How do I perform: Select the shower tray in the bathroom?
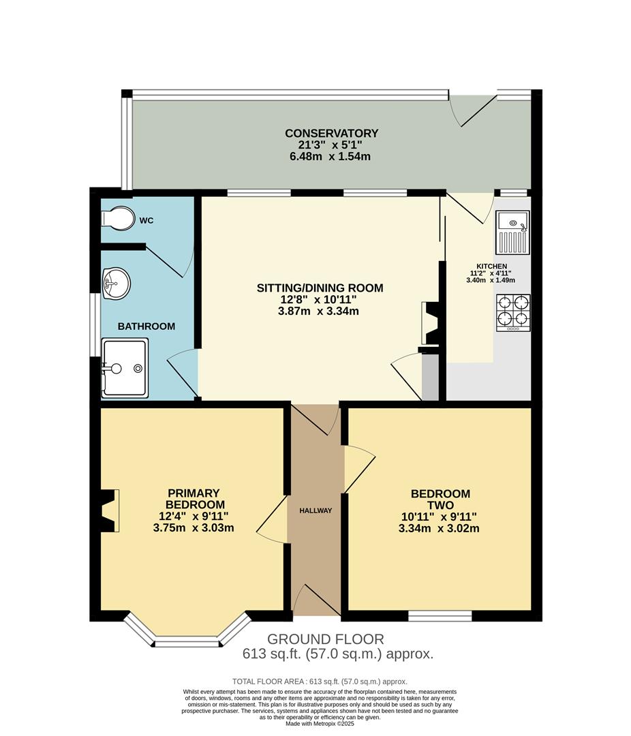coord(124,368)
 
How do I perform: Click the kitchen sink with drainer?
coord(512,232)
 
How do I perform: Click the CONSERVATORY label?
coord(331,133)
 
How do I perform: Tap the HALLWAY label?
coord(315,510)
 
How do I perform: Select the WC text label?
coord(147,221)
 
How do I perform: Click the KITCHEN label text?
coord(491,266)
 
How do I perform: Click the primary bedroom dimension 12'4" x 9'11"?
coord(193,516)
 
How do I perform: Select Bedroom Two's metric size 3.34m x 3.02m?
coord(440,527)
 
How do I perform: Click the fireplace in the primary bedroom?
coord(109,510)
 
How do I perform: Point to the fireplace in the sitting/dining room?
coord(431,323)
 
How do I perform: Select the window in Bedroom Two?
coord(440,616)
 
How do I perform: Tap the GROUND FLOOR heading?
coord(325,639)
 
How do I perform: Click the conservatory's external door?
coord(474,109)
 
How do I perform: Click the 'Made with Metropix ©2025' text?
coord(320,724)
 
